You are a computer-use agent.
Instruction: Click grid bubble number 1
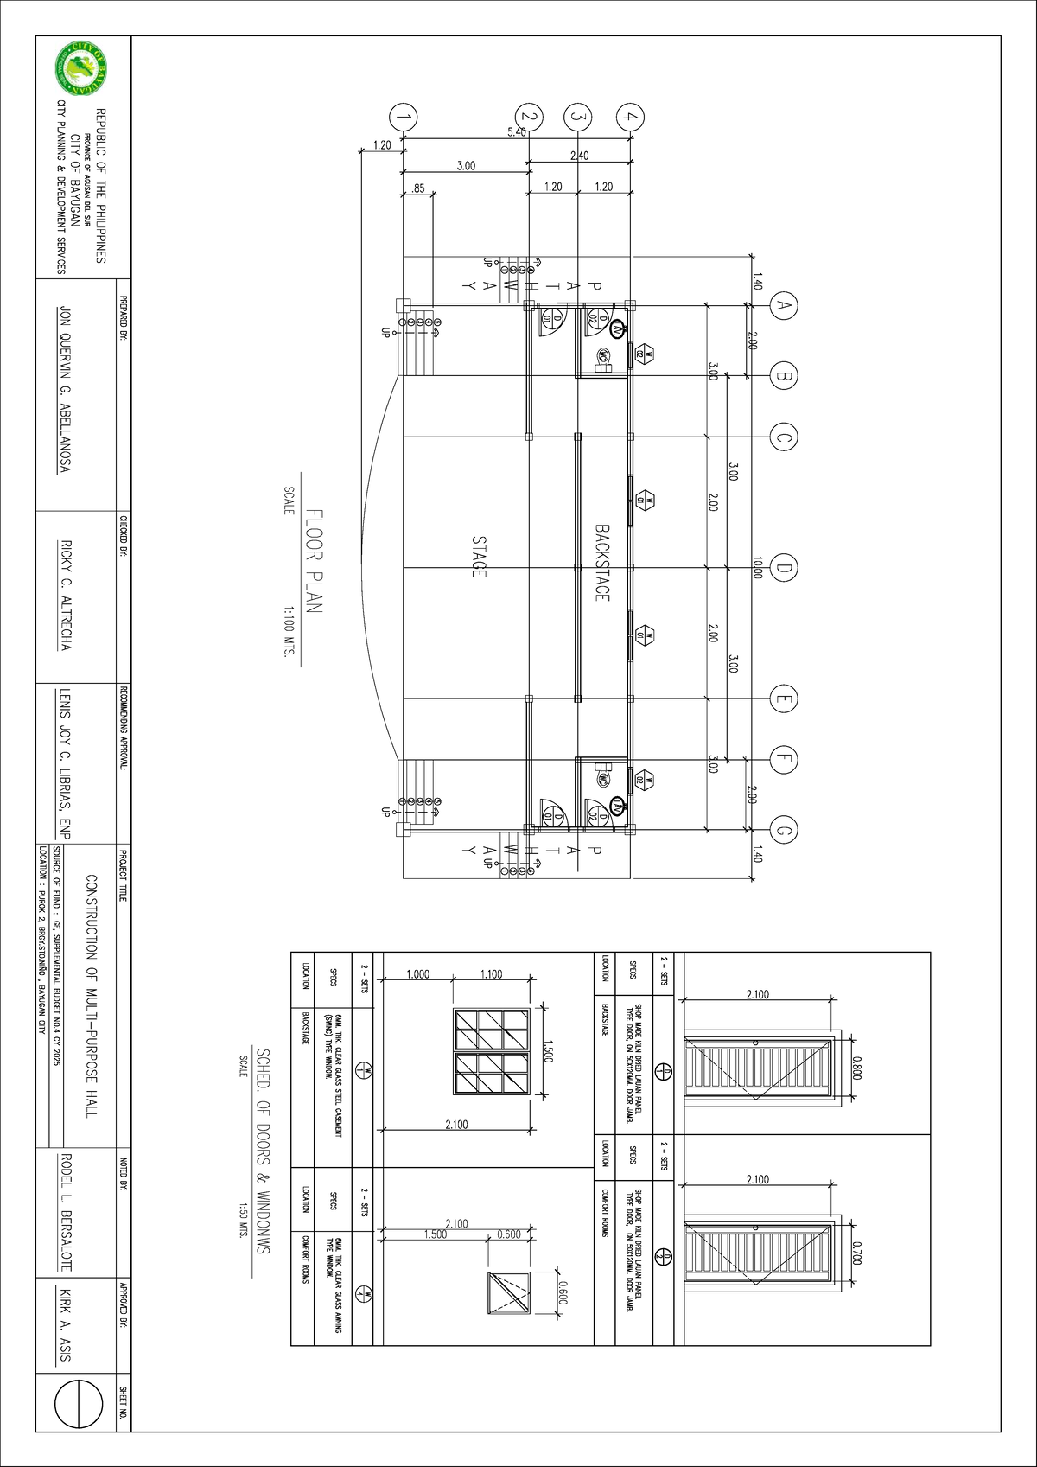point(402,117)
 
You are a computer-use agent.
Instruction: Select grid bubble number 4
point(631,117)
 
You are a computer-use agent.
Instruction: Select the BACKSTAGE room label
point(602,563)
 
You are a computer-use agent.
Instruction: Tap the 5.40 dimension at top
point(516,132)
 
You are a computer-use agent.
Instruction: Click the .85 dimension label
point(418,187)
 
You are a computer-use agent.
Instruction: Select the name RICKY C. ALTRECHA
point(63,596)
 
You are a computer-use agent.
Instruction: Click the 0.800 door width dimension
point(856,1067)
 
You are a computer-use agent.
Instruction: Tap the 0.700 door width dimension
point(856,1253)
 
